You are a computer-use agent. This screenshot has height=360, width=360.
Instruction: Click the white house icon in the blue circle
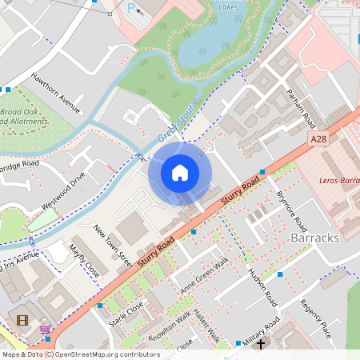point(180,172)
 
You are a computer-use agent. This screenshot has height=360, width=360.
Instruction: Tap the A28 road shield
point(319,138)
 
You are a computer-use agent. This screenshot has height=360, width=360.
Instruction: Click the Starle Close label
point(126,315)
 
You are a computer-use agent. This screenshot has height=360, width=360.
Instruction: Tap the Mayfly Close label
point(84,261)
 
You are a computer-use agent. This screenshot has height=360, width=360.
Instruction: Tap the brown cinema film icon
point(22,320)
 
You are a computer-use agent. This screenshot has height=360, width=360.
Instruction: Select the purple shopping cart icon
point(45,329)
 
